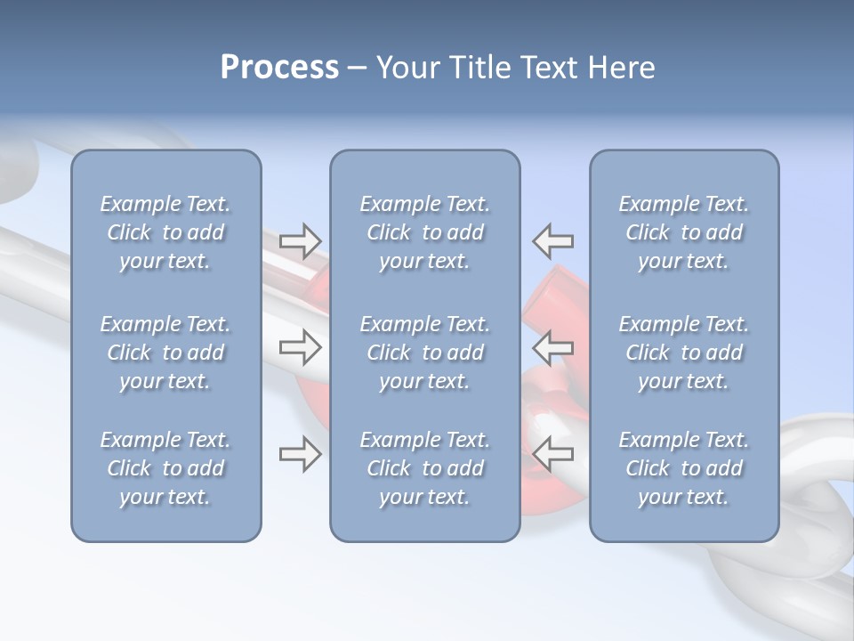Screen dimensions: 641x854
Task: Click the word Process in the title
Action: (x=279, y=68)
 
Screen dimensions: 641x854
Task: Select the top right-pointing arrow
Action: (x=300, y=240)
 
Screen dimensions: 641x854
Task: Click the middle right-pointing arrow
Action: (x=300, y=346)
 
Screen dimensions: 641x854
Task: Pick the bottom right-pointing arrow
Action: (x=300, y=454)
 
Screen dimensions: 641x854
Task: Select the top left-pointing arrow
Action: (x=553, y=240)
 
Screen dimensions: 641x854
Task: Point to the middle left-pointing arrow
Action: (x=553, y=346)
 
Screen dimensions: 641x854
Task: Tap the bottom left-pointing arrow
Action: (x=553, y=454)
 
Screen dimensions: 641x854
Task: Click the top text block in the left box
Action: (x=165, y=232)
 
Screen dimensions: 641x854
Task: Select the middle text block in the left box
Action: (x=165, y=353)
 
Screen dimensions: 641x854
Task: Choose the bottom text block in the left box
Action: (x=165, y=468)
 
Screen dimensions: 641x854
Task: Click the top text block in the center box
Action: (x=425, y=232)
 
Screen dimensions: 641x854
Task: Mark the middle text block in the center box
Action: (x=425, y=353)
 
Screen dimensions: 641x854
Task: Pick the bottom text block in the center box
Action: (x=425, y=468)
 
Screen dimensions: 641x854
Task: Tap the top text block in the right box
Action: (x=684, y=232)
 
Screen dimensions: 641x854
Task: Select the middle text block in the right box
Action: (x=684, y=353)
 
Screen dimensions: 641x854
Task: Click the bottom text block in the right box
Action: (x=684, y=468)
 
